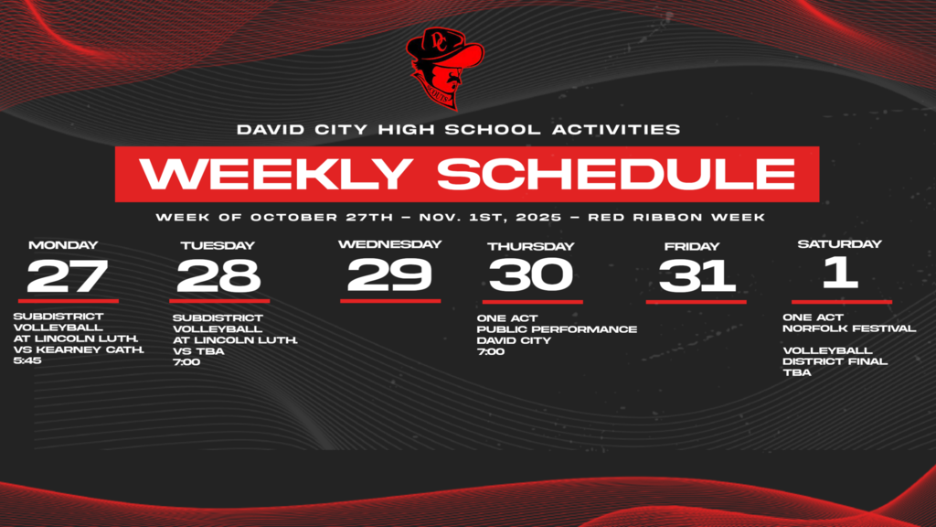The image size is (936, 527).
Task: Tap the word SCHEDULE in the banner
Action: pos(615,174)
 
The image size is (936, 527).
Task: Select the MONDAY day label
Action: pos(63,245)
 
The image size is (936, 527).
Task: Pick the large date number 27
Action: pos(68,275)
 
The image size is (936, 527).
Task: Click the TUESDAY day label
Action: pos(217,245)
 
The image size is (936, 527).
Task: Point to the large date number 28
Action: pos(218,275)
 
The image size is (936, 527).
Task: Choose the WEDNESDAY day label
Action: pos(389,244)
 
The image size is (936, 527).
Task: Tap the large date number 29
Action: pos(389,274)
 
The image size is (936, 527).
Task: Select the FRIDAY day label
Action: pos(694,246)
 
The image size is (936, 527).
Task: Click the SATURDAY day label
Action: pos(839,244)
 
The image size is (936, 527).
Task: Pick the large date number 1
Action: pos(840,274)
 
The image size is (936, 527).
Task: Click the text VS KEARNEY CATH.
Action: pos(79,350)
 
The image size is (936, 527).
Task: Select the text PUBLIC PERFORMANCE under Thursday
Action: pos(557,329)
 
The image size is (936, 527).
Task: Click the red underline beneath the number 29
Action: pos(390,300)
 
